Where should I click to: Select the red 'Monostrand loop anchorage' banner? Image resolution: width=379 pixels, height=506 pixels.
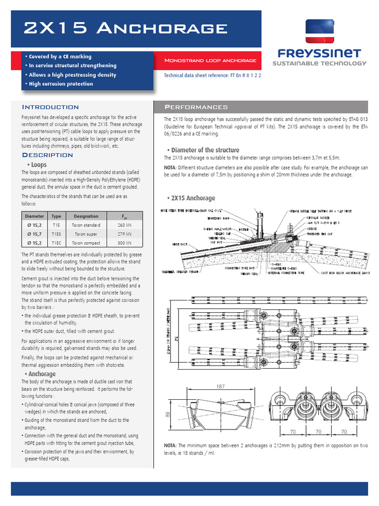[210, 60]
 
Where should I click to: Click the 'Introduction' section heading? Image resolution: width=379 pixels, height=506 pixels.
[50, 107]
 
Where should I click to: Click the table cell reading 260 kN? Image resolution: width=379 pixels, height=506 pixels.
[124, 224]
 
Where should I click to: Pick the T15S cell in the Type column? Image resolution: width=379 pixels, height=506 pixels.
[56, 233]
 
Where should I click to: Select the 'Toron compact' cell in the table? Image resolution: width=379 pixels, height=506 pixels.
[86, 243]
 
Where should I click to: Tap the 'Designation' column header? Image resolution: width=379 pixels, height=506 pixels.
[86, 216]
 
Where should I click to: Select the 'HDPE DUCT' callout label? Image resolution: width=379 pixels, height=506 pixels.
[180, 244]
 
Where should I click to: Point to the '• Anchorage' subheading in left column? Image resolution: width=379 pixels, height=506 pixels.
[42, 374]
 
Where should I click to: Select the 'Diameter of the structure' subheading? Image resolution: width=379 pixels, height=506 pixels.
[203, 150]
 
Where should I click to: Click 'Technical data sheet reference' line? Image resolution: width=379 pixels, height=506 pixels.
[212, 76]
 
